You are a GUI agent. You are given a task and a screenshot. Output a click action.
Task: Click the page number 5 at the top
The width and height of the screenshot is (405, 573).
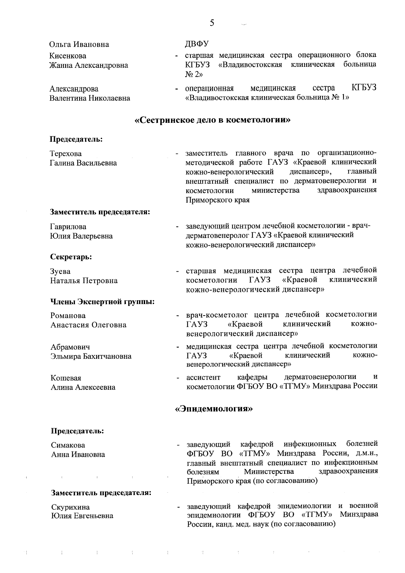212,23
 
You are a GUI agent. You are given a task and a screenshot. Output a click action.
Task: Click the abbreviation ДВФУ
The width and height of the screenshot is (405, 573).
197,44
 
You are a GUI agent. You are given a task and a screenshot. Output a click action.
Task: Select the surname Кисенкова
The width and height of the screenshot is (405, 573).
68,56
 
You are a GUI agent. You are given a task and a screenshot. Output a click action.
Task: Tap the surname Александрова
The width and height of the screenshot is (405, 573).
74,89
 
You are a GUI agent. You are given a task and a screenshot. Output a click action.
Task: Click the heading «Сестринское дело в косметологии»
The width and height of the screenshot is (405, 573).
213,120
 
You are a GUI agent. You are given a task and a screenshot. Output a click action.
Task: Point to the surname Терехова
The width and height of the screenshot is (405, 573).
66,154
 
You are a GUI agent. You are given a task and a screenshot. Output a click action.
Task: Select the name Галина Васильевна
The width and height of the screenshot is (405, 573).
83,163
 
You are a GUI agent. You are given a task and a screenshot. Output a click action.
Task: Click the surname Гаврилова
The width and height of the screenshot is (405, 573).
68,227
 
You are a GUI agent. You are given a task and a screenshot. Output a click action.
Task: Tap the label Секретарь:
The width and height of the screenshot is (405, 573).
71,257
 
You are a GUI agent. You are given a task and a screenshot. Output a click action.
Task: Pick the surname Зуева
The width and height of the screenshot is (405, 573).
60,272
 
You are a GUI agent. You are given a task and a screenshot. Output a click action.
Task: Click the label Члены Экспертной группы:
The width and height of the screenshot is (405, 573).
103,301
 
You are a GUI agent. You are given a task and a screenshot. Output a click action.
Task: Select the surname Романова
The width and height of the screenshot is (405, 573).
68,316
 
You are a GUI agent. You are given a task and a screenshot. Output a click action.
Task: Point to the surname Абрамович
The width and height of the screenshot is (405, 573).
70,347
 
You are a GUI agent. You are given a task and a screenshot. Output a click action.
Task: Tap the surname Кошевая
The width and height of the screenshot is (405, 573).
66,378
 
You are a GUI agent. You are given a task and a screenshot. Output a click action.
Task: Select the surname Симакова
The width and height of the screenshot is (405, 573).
68,445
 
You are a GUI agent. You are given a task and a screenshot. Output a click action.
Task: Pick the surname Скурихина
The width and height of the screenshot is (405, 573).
70,507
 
